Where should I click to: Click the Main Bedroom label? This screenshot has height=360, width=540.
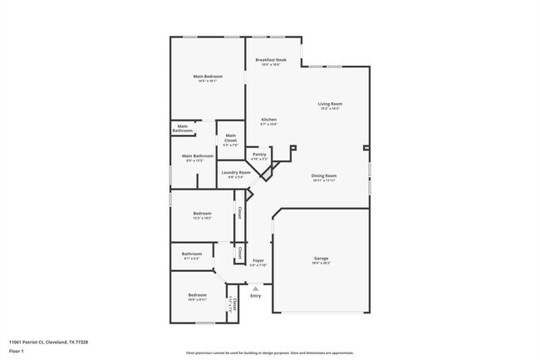pyautogui.click(x=208, y=76)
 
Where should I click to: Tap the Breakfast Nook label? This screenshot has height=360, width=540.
pyautogui.click(x=271, y=60)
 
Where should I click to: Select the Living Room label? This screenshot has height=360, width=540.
pyautogui.click(x=330, y=104)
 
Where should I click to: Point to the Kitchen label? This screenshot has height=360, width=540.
pyautogui.click(x=269, y=120)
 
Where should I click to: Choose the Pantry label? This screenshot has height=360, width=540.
pyautogui.click(x=259, y=154)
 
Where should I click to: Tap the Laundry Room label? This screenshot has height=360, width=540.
pyautogui.click(x=236, y=172)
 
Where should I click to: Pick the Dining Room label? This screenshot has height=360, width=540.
pyautogui.click(x=323, y=175)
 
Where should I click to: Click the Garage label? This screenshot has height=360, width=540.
pyautogui.click(x=321, y=258)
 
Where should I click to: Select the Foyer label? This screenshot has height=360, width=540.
pyautogui.click(x=258, y=261)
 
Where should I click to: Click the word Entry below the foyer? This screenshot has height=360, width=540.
pyautogui.click(x=255, y=296)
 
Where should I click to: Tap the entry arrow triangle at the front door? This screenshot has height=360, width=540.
pyautogui.click(x=255, y=288)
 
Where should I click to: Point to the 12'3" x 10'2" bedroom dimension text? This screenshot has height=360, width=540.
pyautogui.click(x=203, y=218)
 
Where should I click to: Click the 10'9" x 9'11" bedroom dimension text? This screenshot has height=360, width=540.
pyautogui.click(x=197, y=299)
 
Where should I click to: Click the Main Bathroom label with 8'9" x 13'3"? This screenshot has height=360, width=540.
pyautogui.click(x=199, y=156)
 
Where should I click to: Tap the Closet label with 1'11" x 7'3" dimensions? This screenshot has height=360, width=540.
pyautogui.click(x=235, y=304)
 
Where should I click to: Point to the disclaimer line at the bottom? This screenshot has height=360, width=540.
pyautogui.click(x=270, y=353)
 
